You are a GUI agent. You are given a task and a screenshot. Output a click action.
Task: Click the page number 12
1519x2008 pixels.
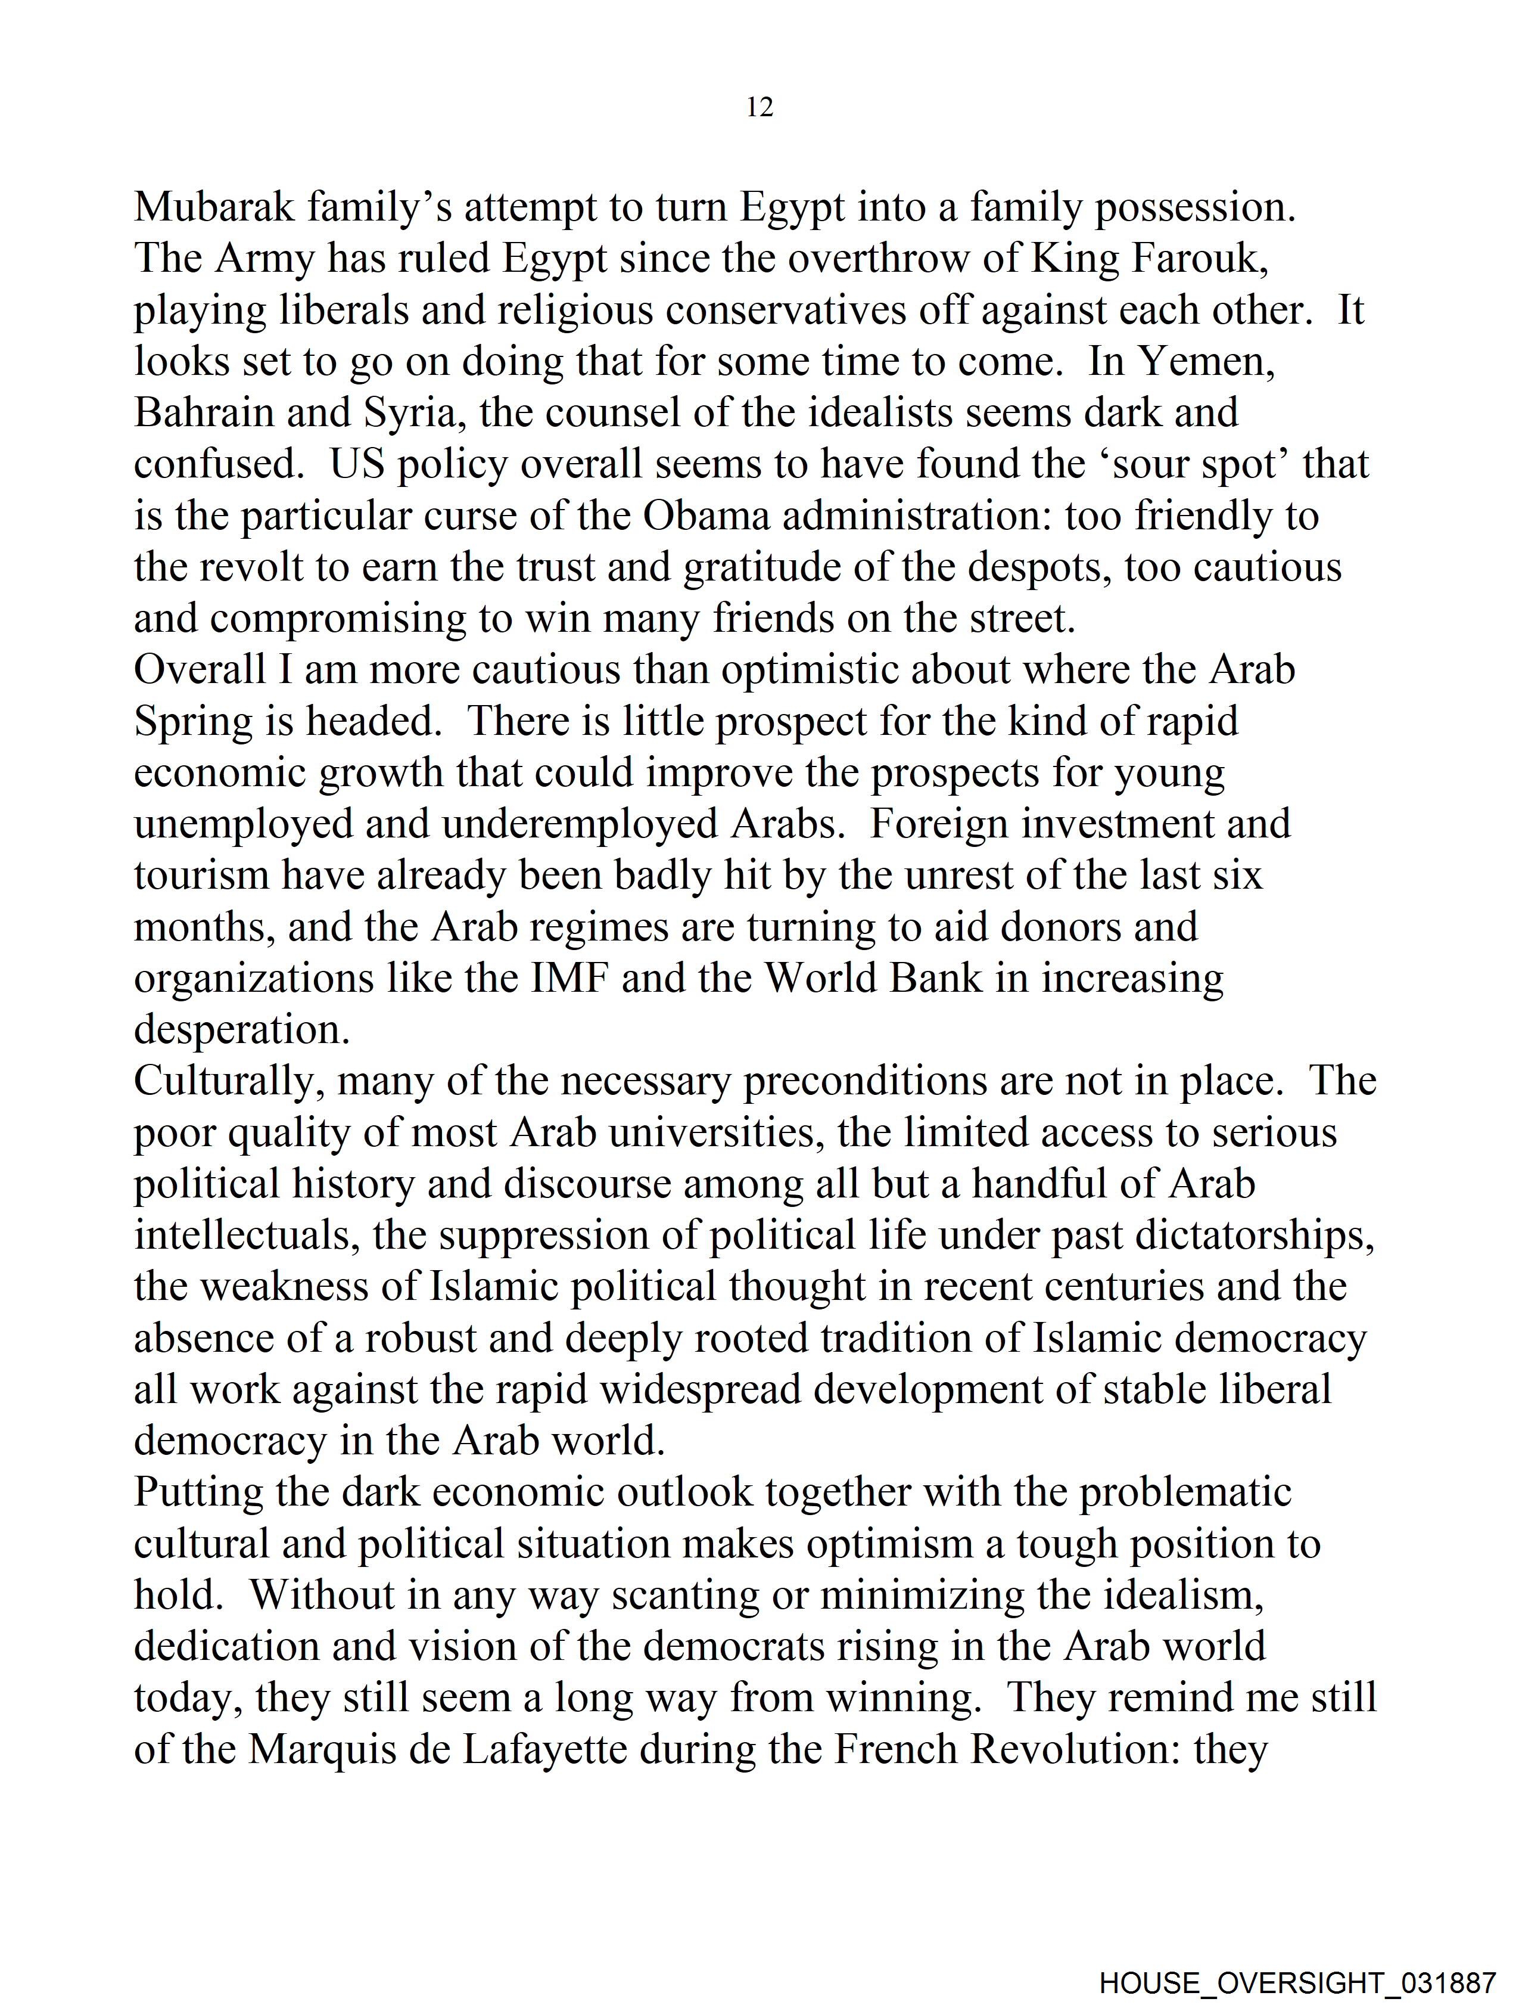(x=759, y=107)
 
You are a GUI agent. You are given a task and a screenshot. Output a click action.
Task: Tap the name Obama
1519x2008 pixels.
(x=706, y=516)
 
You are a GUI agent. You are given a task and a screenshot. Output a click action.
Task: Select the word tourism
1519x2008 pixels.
(x=201, y=875)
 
